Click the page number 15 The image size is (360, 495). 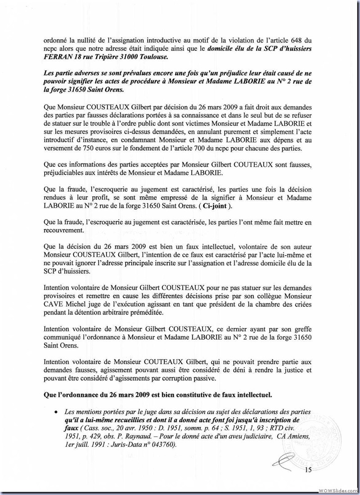tap(308, 470)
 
